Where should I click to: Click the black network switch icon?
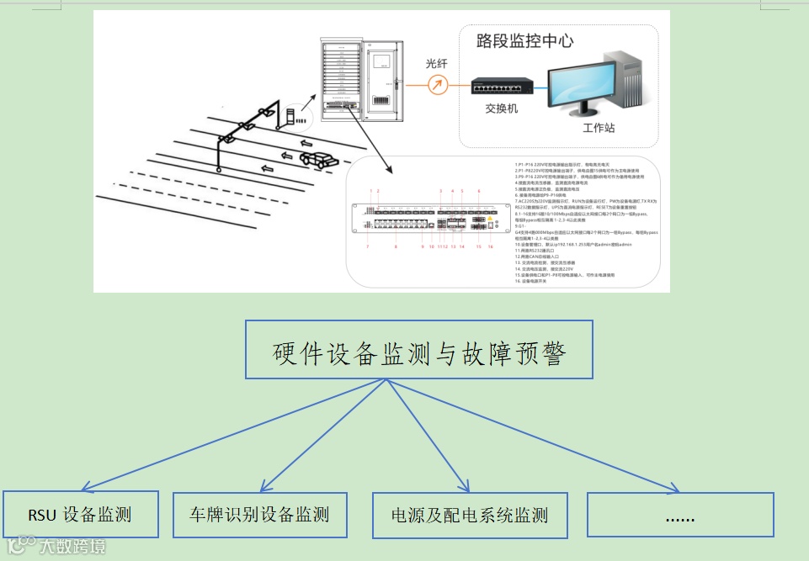[502, 86]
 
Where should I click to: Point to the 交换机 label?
[502, 109]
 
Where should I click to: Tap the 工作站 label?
[599, 128]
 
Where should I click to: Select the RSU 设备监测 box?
[81, 514]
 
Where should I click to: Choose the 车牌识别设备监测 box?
[260, 514]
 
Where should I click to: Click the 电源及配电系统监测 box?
[470, 514]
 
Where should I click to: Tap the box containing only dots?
[679, 514]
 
